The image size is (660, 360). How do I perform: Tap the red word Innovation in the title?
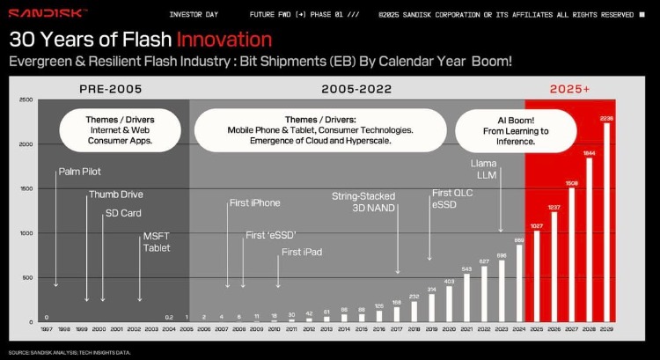[x=223, y=39]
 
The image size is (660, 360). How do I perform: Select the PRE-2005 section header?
[x=110, y=89]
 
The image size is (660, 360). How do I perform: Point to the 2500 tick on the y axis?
[x=26, y=100]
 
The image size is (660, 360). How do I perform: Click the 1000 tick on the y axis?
[x=26, y=233]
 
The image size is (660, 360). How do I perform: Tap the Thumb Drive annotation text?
[x=115, y=194]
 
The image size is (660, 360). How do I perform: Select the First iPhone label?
[x=254, y=203]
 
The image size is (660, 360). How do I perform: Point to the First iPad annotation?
[x=301, y=252]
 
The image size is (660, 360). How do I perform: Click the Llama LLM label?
[x=483, y=171]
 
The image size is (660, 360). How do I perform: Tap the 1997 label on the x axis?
[x=46, y=329]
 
